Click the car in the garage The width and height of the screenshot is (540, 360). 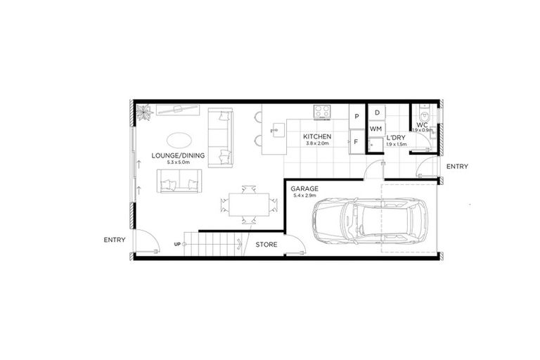368,219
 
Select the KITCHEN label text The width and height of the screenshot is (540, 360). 317,136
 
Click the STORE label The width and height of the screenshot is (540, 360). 266,245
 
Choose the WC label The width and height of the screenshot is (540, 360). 422,124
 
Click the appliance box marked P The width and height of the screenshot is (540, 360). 357,116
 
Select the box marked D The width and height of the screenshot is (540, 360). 377,112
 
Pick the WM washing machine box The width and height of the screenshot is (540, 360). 376,129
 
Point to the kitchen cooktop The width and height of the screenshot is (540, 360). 323,111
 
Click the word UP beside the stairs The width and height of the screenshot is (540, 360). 177,245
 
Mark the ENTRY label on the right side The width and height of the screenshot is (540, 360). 457,167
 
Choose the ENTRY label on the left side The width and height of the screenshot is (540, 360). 114,240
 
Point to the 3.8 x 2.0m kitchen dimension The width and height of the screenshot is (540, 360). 317,144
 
